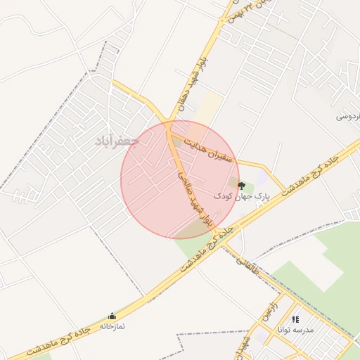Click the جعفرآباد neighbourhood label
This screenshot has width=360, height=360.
tap(118, 141)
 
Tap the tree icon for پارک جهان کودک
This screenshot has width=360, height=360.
tap(242, 186)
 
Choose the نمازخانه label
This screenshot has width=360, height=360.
tap(112, 326)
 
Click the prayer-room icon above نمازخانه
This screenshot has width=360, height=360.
tap(112, 316)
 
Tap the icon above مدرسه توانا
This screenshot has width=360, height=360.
tap(295, 319)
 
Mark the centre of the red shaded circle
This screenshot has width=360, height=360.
tap(180, 180)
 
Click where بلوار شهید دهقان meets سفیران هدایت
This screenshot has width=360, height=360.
tap(171, 129)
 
